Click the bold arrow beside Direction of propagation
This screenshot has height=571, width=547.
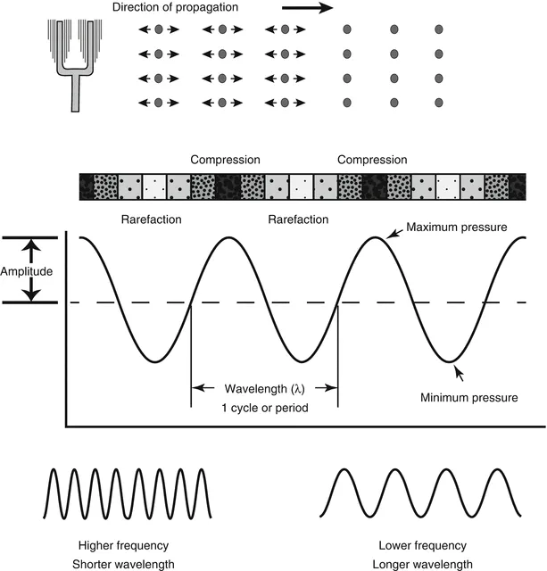305,9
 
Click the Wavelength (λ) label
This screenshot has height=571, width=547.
264,389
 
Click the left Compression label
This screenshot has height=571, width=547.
225,161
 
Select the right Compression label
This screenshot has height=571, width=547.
372,161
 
